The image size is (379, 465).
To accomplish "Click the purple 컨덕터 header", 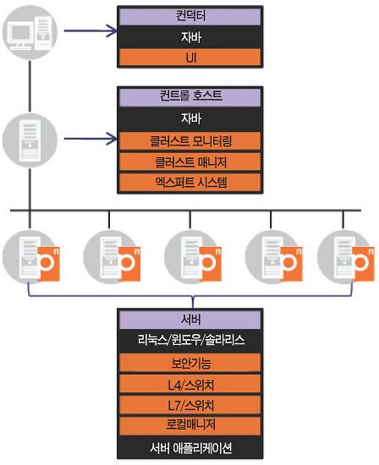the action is click(190, 16).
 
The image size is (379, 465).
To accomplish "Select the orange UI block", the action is click(190, 57).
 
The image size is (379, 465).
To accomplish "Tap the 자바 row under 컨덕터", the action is click(190, 37).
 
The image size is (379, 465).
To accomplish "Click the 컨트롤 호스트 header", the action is click(190, 96).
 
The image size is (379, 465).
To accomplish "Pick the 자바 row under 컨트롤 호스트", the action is click(190, 118).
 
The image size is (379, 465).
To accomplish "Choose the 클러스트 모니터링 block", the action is click(190, 141).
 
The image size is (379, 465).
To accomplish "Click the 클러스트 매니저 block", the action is click(190, 162).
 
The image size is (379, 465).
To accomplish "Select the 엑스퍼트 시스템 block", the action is click(190, 182).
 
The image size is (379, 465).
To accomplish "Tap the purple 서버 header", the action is click(190, 320).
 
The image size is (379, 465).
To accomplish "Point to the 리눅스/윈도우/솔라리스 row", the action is click(190, 340).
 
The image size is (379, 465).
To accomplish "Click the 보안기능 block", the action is click(190, 363).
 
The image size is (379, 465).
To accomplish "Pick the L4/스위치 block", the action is click(190, 385).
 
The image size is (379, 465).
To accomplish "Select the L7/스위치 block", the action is click(190, 405).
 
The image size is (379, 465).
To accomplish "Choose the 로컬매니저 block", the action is click(190, 425).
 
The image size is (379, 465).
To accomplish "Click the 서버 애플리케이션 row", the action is click(190, 447).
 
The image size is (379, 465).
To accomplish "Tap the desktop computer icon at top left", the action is click(30, 32).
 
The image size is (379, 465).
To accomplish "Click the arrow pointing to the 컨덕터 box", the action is click(91, 30).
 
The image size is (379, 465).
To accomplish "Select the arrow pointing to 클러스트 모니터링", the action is click(91, 139).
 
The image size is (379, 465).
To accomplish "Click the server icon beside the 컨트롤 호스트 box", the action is click(30, 140).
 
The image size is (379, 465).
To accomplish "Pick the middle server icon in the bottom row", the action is click(193, 257).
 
